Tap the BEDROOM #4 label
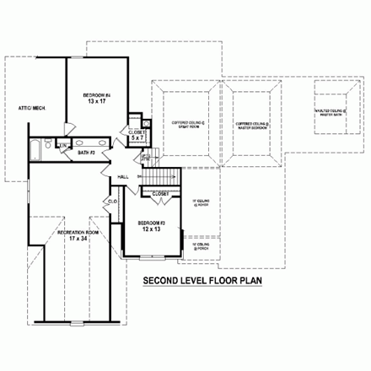coord(94,94)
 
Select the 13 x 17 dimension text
coord(94,101)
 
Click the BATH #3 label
coord(85,153)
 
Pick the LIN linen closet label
coord(63,146)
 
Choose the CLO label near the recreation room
coord(112,202)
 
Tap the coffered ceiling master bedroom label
coord(252,124)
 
